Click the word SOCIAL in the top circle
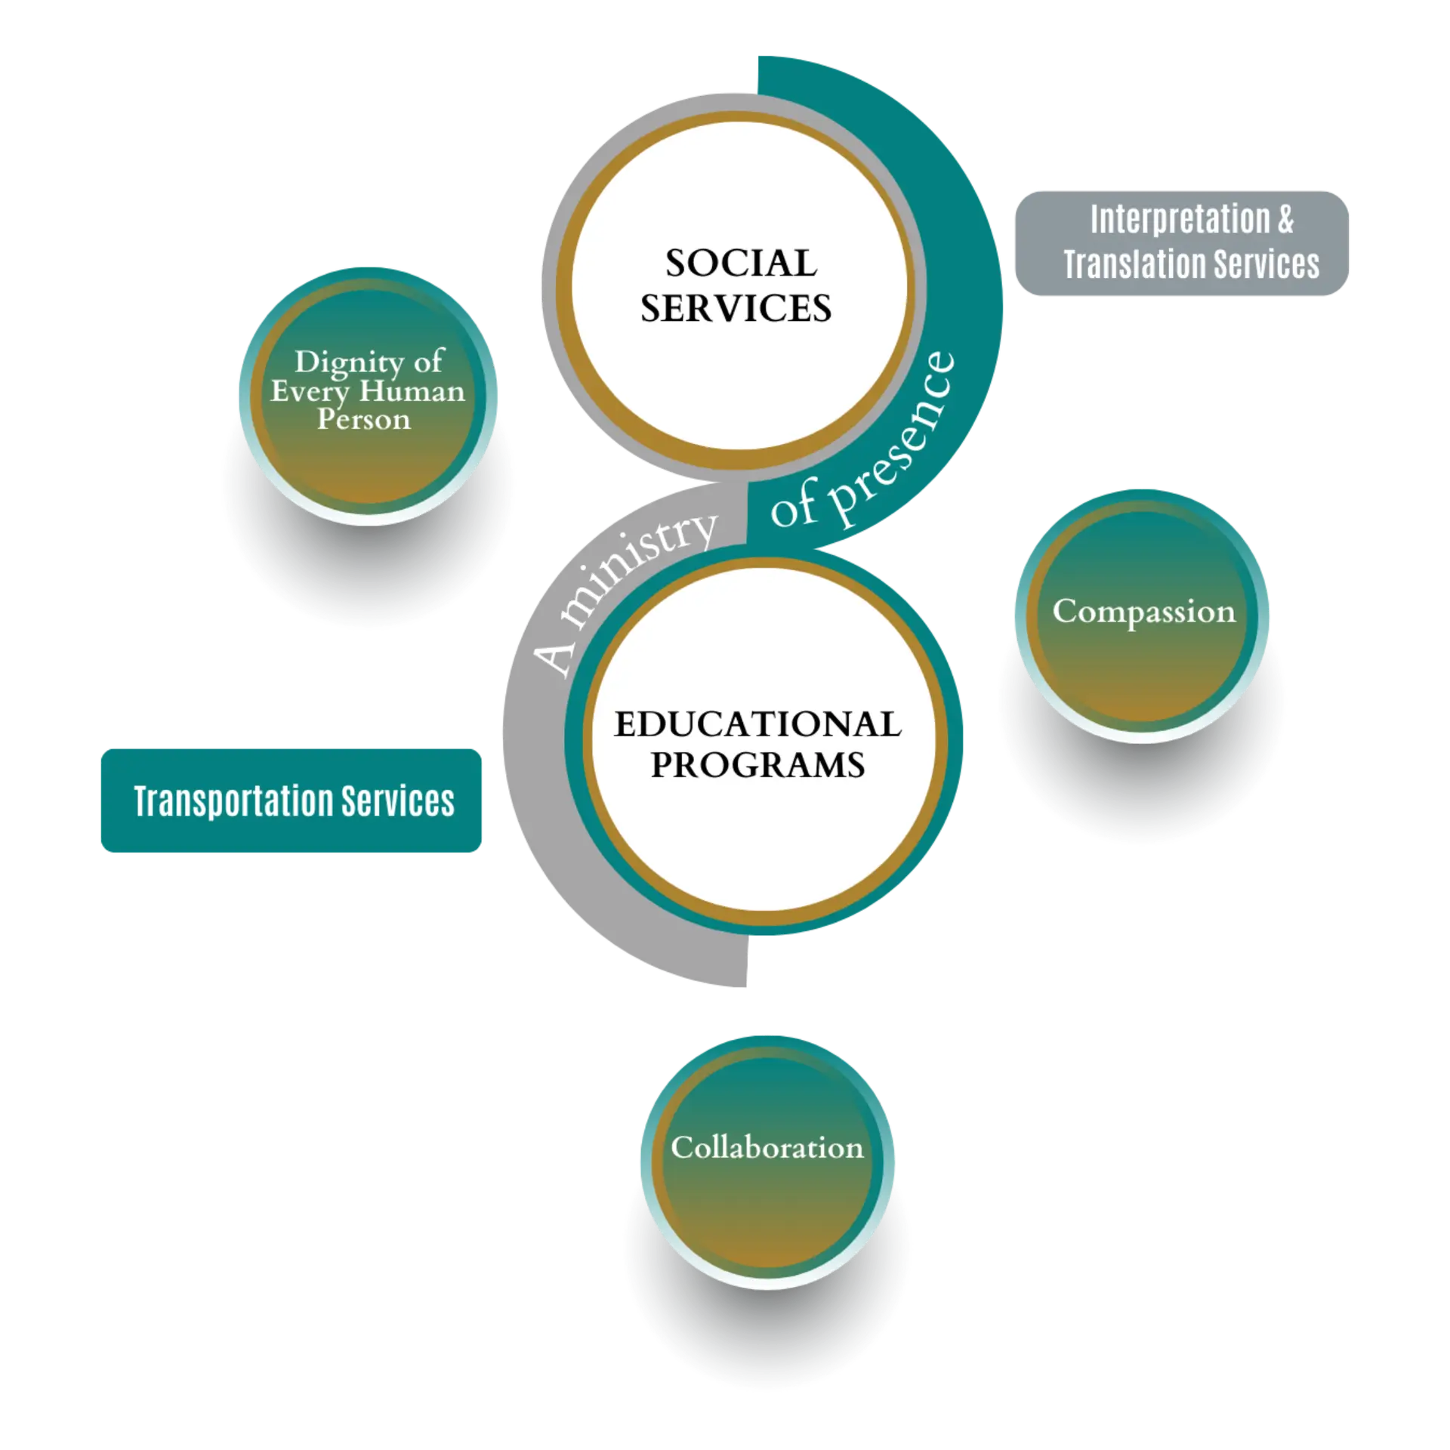click(741, 264)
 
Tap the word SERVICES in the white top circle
click(736, 309)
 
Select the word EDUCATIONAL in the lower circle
click(757, 725)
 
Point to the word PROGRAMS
click(757, 766)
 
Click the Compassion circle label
click(1143, 612)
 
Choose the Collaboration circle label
click(767, 1148)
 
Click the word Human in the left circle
click(412, 392)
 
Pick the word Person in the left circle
click(363, 419)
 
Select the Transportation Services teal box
click(290, 801)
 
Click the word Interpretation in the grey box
click(1180, 220)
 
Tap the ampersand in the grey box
click(1285, 220)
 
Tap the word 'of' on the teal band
click(790, 511)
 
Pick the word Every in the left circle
click(310, 392)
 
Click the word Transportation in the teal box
click(235, 801)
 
